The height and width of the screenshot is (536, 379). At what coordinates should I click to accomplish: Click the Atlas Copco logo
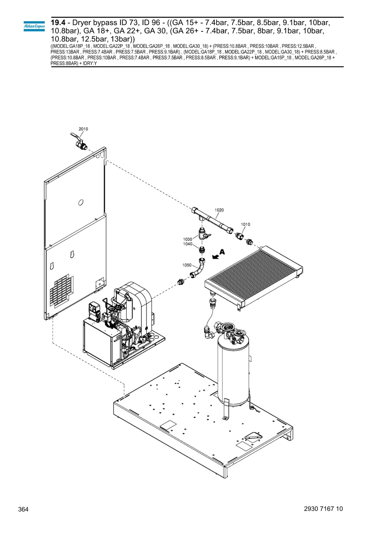[x=34, y=26]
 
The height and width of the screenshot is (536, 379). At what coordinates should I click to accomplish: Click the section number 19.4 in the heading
[x=58, y=23]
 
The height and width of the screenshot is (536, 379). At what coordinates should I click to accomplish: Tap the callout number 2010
[x=83, y=129]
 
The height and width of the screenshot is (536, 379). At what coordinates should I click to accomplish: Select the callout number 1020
[x=219, y=210]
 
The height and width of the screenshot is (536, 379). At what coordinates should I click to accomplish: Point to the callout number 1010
[x=245, y=224]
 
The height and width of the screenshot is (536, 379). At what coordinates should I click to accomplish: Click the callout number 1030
[x=188, y=239]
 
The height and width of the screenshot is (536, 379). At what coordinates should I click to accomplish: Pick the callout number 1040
[x=188, y=244]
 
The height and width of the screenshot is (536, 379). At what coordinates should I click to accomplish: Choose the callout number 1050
[x=187, y=265]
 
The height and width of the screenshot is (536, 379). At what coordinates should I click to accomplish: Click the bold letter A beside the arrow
[x=223, y=252]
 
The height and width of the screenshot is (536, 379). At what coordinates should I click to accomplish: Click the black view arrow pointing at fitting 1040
[x=216, y=257]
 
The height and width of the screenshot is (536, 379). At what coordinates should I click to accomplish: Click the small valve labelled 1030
[x=203, y=233]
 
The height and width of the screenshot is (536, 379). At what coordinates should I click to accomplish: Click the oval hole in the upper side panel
[x=81, y=203]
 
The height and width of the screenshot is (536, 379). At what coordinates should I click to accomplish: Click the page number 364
[x=23, y=510]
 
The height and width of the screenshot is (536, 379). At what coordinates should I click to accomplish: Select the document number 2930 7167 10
[x=323, y=509]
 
